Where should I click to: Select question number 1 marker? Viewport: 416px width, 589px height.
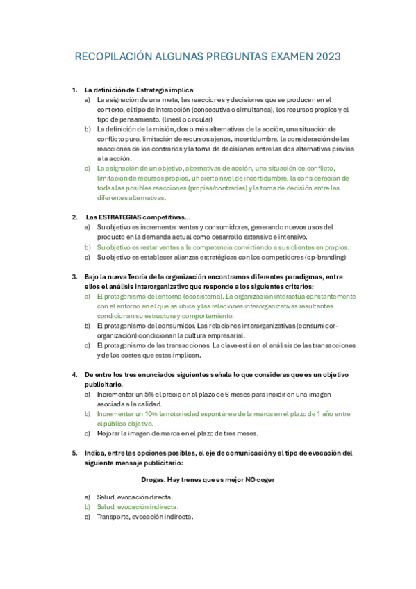[x=75, y=90]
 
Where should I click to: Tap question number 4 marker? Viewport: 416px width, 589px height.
[x=75, y=374]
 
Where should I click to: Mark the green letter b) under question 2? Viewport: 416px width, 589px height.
[x=88, y=247]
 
